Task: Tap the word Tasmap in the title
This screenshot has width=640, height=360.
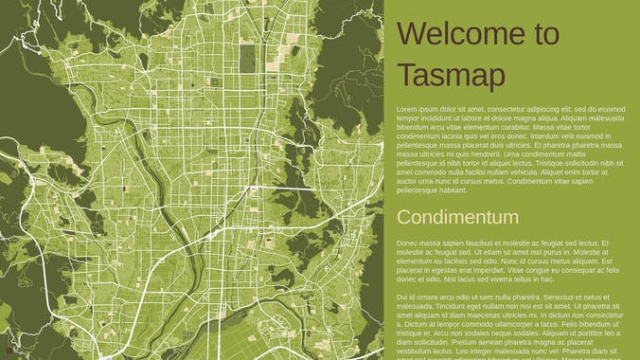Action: [451, 75]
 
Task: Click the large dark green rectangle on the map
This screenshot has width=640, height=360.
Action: [247, 57]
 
